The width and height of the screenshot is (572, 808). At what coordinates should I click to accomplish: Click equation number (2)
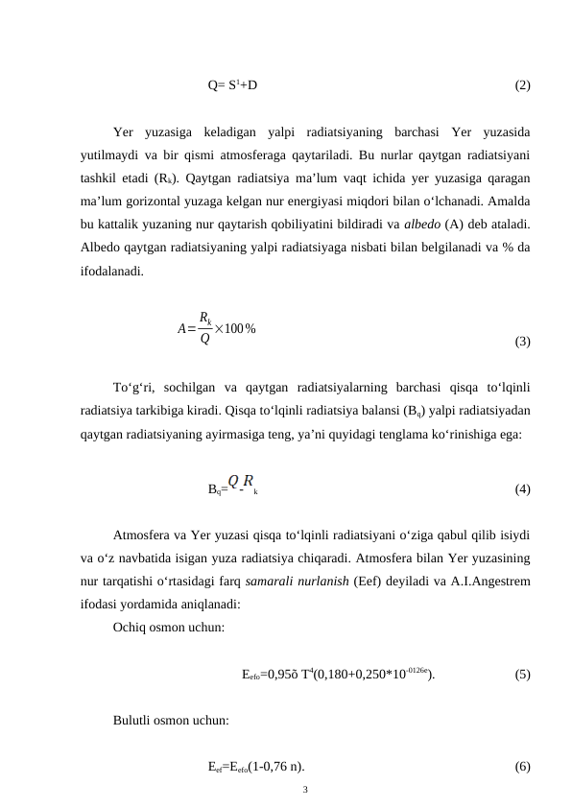(523, 85)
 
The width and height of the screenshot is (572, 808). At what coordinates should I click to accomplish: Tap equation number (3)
(523, 341)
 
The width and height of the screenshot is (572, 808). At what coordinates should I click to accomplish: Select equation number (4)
(523, 488)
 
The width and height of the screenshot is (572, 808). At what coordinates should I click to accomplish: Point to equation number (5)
(523, 675)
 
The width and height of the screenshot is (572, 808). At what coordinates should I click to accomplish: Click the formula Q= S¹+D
(232, 85)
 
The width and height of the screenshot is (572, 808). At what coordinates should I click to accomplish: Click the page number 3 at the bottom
(305, 790)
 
